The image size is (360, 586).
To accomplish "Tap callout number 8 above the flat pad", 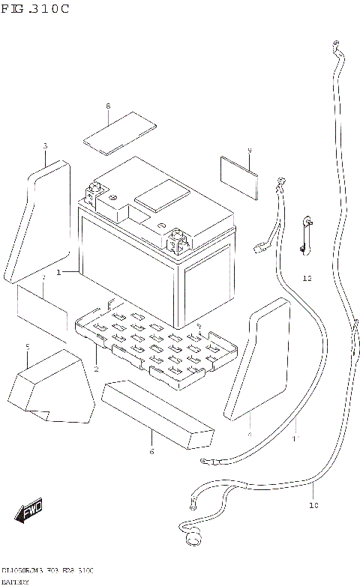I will [107, 107].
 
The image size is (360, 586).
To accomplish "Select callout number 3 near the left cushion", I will [44, 145].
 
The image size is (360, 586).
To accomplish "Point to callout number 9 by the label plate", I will [249, 151].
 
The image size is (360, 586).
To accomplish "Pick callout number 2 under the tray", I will [96, 369].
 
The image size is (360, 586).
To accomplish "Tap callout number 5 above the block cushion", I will [27, 347].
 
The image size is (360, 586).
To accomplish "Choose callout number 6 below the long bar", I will [151, 451].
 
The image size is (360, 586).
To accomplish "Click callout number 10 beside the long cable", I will [313, 504].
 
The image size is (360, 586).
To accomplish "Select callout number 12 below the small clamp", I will [307, 278].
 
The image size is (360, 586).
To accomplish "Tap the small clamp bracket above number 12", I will [306, 233].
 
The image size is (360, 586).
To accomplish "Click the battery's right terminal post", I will [179, 239].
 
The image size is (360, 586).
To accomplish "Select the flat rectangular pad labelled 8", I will [117, 133].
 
